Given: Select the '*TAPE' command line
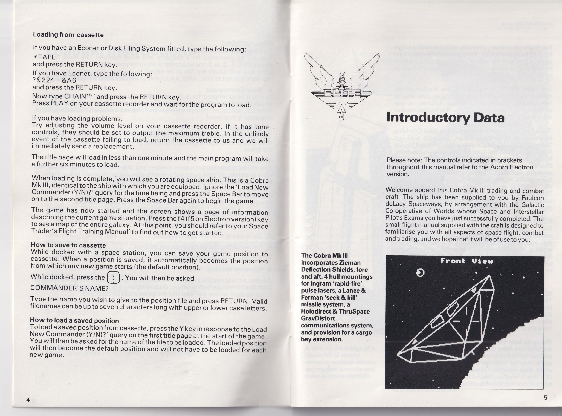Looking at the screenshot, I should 45,57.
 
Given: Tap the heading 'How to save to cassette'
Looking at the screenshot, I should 68,245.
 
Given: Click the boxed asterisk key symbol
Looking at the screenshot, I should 113,277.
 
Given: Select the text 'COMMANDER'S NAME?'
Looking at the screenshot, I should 69,288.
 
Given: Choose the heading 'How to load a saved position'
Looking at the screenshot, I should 74,320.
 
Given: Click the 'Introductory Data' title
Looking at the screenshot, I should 445,118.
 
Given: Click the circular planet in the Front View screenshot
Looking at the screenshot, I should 420,273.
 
